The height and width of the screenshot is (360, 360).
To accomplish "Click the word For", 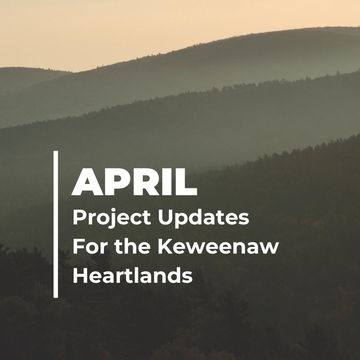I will click(88, 247).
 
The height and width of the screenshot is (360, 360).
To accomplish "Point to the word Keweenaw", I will click(218, 247).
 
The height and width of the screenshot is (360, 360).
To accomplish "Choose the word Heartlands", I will click(132, 276).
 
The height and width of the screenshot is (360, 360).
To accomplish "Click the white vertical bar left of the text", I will click(56, 224).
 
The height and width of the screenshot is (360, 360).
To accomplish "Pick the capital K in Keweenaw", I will click(164, 247).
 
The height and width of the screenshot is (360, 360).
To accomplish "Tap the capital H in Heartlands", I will click(80, 276).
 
